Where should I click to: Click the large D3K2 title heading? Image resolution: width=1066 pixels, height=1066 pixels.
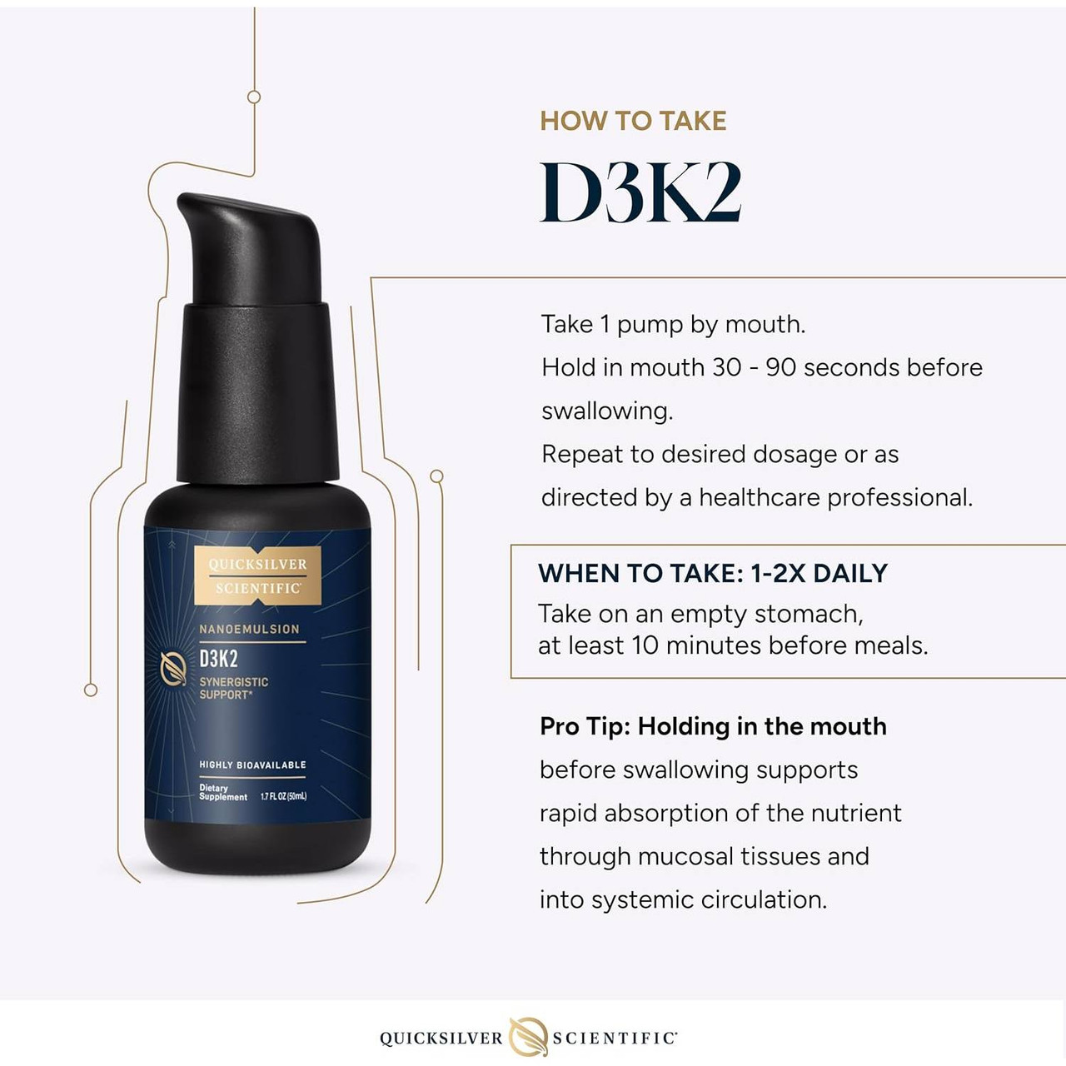tap(640, 192)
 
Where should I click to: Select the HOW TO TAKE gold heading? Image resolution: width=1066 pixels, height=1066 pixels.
tap(633, 122)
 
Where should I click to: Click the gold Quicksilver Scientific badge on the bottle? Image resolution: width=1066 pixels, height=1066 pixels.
tap(257, 575)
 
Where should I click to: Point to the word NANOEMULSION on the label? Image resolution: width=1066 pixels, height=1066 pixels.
tap(249, 629)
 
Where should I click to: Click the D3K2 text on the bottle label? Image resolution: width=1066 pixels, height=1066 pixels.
tap(218, 659)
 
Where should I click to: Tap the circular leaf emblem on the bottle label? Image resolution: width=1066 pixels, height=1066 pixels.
tap(173, 666)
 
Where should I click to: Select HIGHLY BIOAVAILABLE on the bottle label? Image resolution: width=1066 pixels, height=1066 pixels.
tap(252, 765)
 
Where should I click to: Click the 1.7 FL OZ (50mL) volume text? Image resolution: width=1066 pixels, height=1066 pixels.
tap(283, 796)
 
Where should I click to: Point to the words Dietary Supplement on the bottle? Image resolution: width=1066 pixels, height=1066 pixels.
tap(222, 792)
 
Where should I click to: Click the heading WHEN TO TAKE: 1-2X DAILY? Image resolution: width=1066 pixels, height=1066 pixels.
tap(713, 573)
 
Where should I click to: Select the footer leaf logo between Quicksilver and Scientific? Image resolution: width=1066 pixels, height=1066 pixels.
tap(528, 1037)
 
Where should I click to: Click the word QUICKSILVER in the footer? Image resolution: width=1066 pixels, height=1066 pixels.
tap(441, 1039)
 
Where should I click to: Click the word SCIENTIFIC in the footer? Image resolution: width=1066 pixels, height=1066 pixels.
tap(615, 1039)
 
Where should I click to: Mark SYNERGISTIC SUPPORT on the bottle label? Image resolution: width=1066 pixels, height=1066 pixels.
tap(234, 688)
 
